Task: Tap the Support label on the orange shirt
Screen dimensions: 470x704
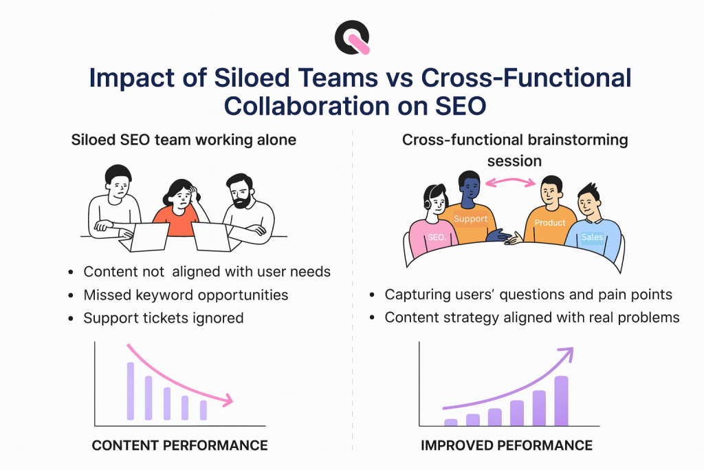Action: pyautogui.click(x=471, y=219)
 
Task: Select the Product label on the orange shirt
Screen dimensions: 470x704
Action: pyautogui.click(x=550, y=223)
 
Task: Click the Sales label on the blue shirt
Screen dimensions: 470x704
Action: pyautogui.click(x=592, y=237)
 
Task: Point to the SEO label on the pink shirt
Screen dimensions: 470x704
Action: pyautogui.click(x=436, y=237)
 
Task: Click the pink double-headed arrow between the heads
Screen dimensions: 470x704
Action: pyautogui.click(x=509, y=182)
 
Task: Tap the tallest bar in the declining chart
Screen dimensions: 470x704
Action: pyautogui.click(x=131, y=390)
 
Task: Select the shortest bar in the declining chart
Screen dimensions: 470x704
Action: pyautogui.click(x=203, y=410)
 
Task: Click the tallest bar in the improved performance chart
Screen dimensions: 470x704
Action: pyautogui.click(x=561, y=401)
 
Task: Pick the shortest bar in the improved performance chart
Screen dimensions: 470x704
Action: pyautogui.click(x=451, y=423)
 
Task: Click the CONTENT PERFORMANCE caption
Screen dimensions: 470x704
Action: pyautogui.click(x=179, y=446)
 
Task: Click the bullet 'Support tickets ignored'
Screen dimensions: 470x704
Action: pyautogui.click(x=164, y=318)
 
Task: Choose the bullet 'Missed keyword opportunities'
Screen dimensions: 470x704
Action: pyautogui.click(x=186, y=295)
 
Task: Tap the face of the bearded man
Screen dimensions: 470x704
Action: pyautogui.click(x=239, y=189)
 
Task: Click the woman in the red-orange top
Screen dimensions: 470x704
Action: pyautogui.click(x=177, y=206)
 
